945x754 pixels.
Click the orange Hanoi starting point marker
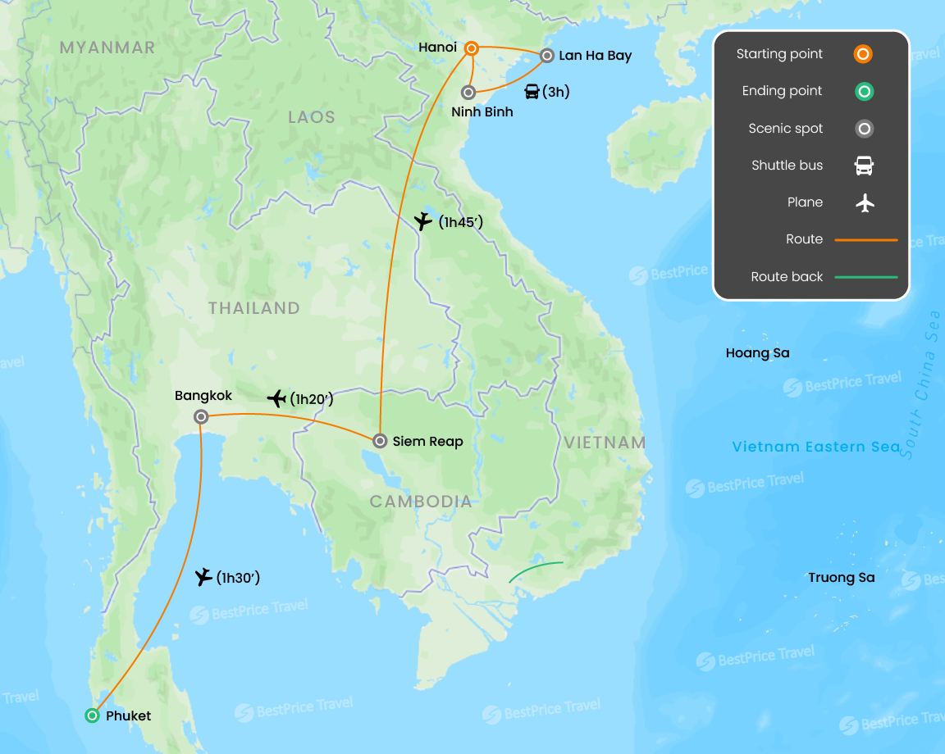[472, 48]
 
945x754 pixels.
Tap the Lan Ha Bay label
[595, 56]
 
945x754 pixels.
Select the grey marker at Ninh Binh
[468, 93]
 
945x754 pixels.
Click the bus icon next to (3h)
[532, 92]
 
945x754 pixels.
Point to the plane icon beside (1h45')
[422, 221]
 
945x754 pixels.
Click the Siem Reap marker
[380, 441]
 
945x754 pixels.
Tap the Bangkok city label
[203, 396]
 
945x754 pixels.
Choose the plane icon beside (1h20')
[277, 398]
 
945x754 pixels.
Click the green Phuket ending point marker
[93, 715]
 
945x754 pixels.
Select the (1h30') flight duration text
[238, 578]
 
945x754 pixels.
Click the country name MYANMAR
[107, 48]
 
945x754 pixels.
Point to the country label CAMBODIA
[421, 502]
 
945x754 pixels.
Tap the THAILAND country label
[253, 308]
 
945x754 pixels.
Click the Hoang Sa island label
[757, 353]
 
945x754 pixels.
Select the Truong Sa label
[841, 578]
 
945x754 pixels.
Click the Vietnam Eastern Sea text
[816, 447]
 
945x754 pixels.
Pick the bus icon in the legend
[864, 166]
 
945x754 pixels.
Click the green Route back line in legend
[865, 277]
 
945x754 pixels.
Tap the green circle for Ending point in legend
[864, 91]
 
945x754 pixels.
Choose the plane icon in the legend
[864, 202]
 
